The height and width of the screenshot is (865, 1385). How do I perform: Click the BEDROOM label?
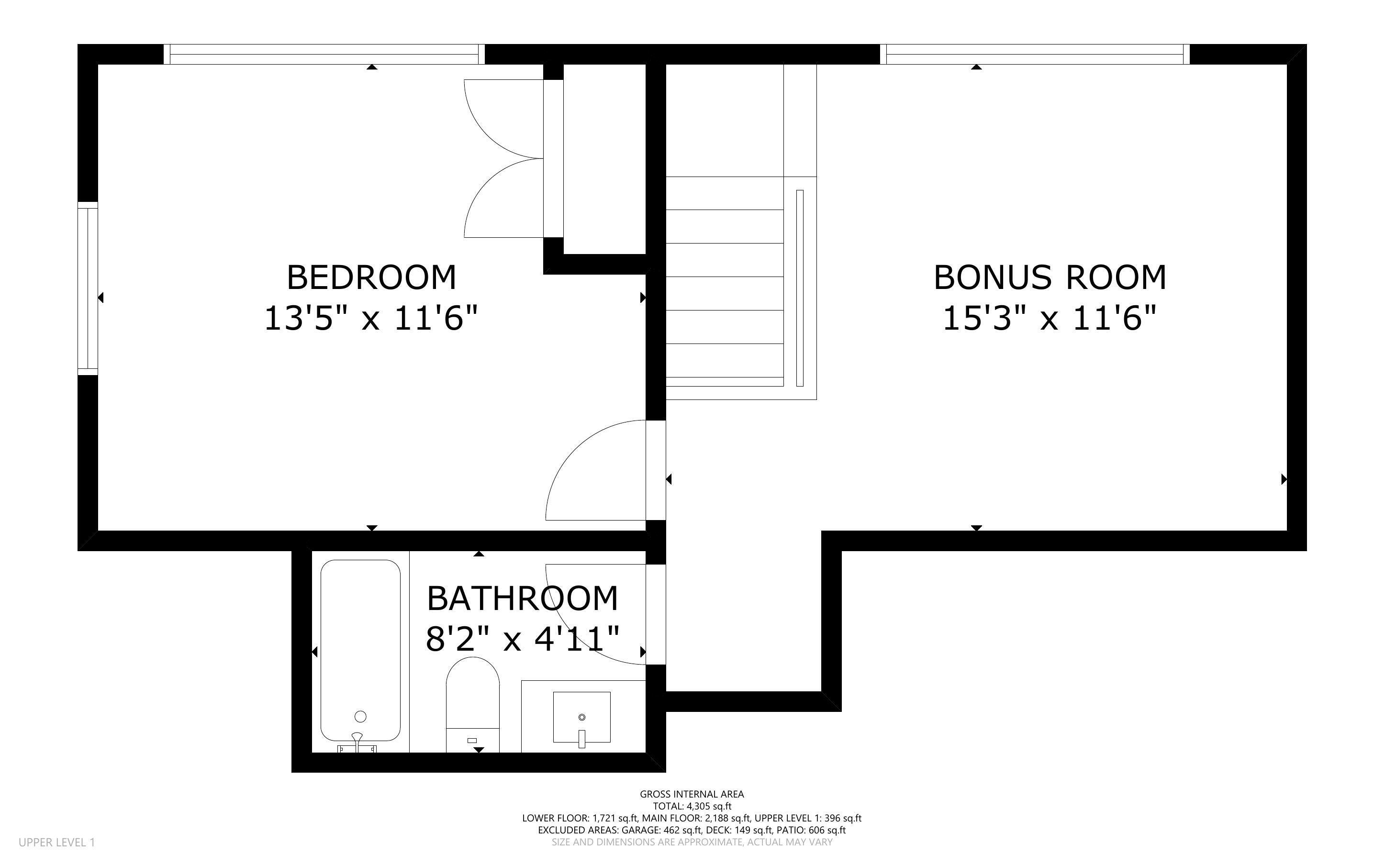pyautogui.click(x=371, y=277)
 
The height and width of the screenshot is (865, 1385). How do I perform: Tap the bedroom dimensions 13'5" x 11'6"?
pyautogui.click(x=371, y=319)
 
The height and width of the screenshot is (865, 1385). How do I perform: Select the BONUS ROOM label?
pyautogui.click(x=1049, y=277)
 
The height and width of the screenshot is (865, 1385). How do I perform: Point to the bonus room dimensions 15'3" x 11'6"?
pyautogui.click(x=1049, y=319)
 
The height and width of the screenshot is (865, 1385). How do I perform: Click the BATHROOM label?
pyautogui.click(x=522, y=599)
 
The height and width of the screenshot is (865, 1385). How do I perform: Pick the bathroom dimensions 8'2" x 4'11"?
pyautogui.click(x=522, y=639)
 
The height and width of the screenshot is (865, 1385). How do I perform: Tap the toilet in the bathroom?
pyautogui.click(x=472, y=704)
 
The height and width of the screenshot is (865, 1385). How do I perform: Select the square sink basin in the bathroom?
pyautogui.click(x=581, y=717)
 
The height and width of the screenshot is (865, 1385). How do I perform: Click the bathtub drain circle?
pyautogui.click(x=360, y=716)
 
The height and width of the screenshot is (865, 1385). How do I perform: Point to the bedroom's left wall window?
pyautogui.click(x=88, y=288)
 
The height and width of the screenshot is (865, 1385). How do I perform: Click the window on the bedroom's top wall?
pyautogui.click(x=324, y=55)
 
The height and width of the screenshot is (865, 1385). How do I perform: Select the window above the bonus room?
pyautogui.click(x=1034, y=55)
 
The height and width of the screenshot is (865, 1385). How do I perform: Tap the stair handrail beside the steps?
pyautogui.click(x=800, y=288)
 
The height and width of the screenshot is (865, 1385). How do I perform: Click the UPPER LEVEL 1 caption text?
pyautogui.click(x=56, y=842)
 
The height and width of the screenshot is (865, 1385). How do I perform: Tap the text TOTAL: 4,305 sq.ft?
pyautogui.click(x=692, y=807)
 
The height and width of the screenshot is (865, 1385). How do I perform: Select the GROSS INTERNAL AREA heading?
pyautogui.click(x=692, y=794)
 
